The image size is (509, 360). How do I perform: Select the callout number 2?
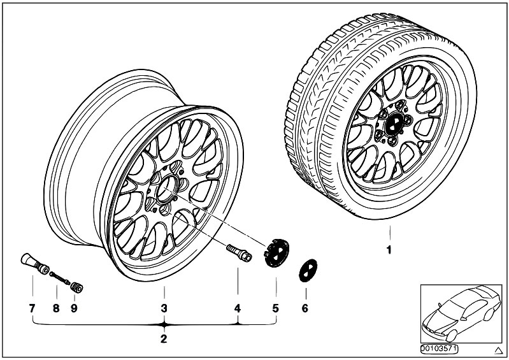coord(163,338)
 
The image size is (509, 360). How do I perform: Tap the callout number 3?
coord(163,308)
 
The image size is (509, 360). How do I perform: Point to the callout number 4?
coord(238,308)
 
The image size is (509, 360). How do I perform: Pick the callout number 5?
coord(276,308)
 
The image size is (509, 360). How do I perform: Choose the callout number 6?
coord(305,308)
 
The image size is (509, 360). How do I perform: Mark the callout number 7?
coord(31,308)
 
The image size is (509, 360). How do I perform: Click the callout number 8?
coord(56,308)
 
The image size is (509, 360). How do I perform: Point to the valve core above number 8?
coord(59,278)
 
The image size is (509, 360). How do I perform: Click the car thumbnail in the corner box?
coord(459,312)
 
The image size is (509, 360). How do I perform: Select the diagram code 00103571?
coord(439,349)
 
